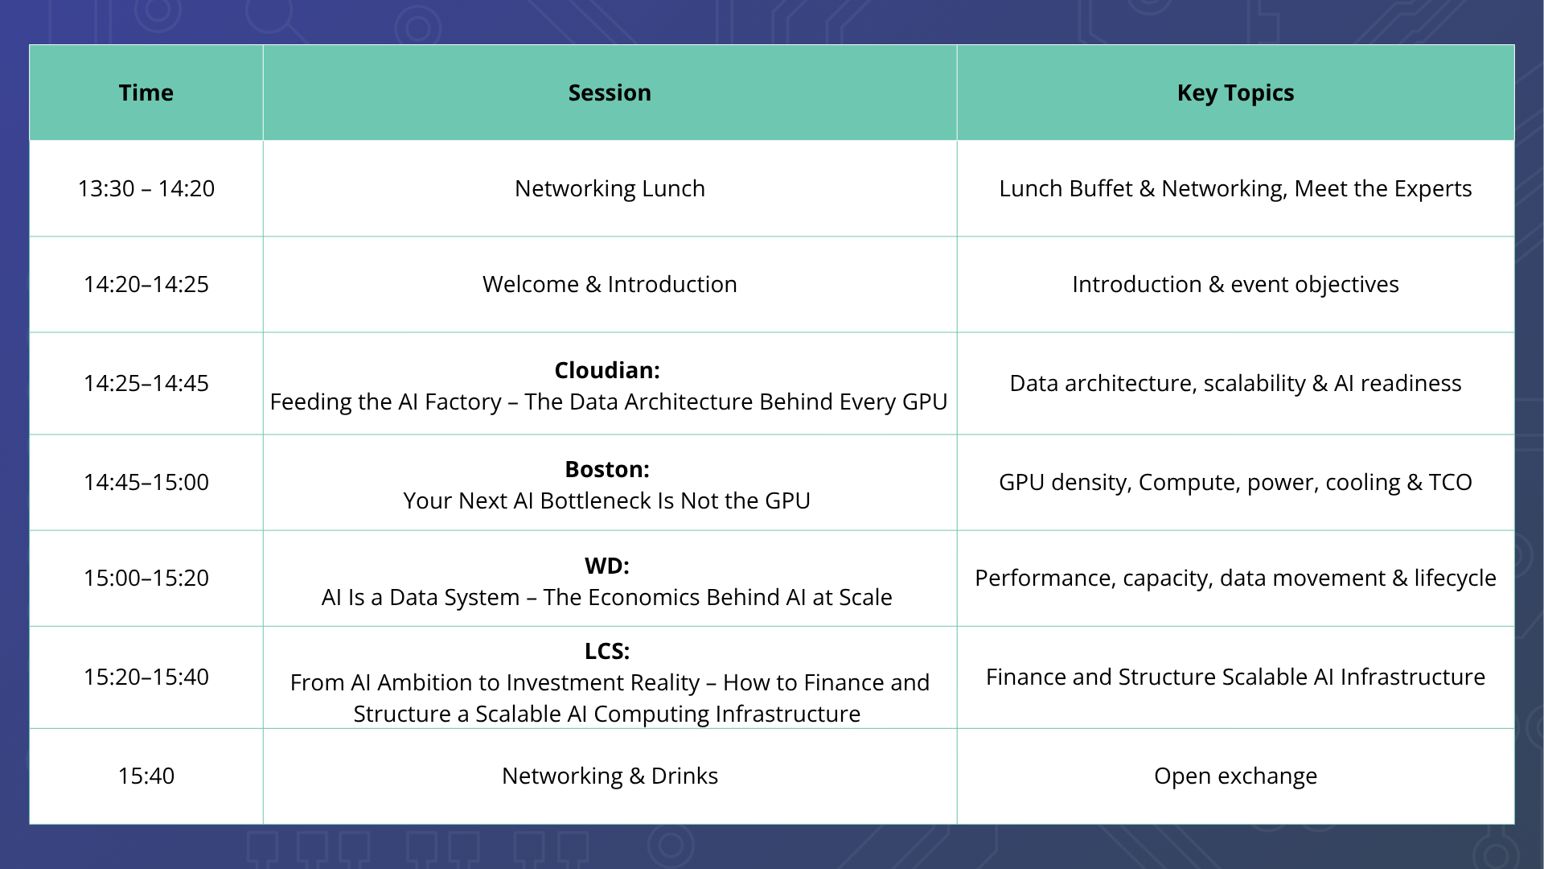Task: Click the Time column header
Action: pos(146,93)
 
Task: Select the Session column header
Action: pos(610,93)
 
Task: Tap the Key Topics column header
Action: pos(1235,93)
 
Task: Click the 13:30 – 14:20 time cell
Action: pos(146,188)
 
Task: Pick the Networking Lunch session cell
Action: pos(610,188)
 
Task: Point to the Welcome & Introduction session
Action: pos(610,284)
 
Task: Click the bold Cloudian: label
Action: pos(607,370)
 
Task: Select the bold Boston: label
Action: pos(607,469)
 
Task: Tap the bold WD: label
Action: pos(607,566)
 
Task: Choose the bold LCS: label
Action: pos(607,651)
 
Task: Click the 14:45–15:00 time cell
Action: pos(146,482)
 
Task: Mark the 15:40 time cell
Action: pos(146,776)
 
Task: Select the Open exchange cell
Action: pos(1235,776)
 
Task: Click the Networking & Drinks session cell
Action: pos(610,776)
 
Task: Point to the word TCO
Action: pos(1450,482)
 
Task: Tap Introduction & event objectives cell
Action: pos(1235,285)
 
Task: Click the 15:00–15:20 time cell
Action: pos(146,578)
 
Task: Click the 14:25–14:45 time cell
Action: pos(146,383)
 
